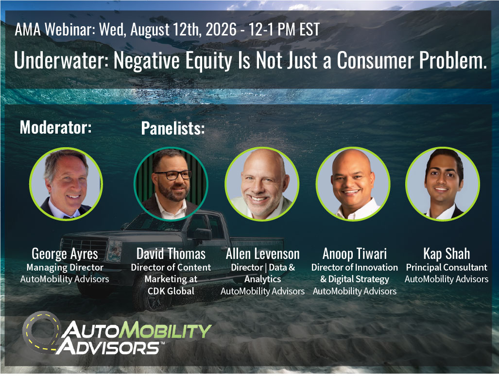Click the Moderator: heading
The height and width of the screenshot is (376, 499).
pos(56,127)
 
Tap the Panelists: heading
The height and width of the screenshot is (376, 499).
pos(173,128)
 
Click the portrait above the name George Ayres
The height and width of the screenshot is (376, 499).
pos(66,184)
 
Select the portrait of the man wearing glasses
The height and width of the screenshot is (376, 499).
pos(171,184)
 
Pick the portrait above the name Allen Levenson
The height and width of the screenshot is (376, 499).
pos(262,184)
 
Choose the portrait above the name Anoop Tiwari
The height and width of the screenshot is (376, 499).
pos(353,184)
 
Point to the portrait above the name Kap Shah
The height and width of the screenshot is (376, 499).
pos(443,184)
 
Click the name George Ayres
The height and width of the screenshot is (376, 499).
pos(65,254)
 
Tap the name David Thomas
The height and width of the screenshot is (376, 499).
pos(171,254)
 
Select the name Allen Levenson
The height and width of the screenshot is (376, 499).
pos(262,254)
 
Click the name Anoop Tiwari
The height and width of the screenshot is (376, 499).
pos(355,254)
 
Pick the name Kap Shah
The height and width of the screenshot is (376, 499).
pos(447,254)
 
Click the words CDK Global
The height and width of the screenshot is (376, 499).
pos(171,291)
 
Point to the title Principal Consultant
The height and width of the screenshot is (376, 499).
pos(447,268)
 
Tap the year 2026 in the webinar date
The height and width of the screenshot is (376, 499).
pos(221,30)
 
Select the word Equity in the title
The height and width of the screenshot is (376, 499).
pos(209,61)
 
